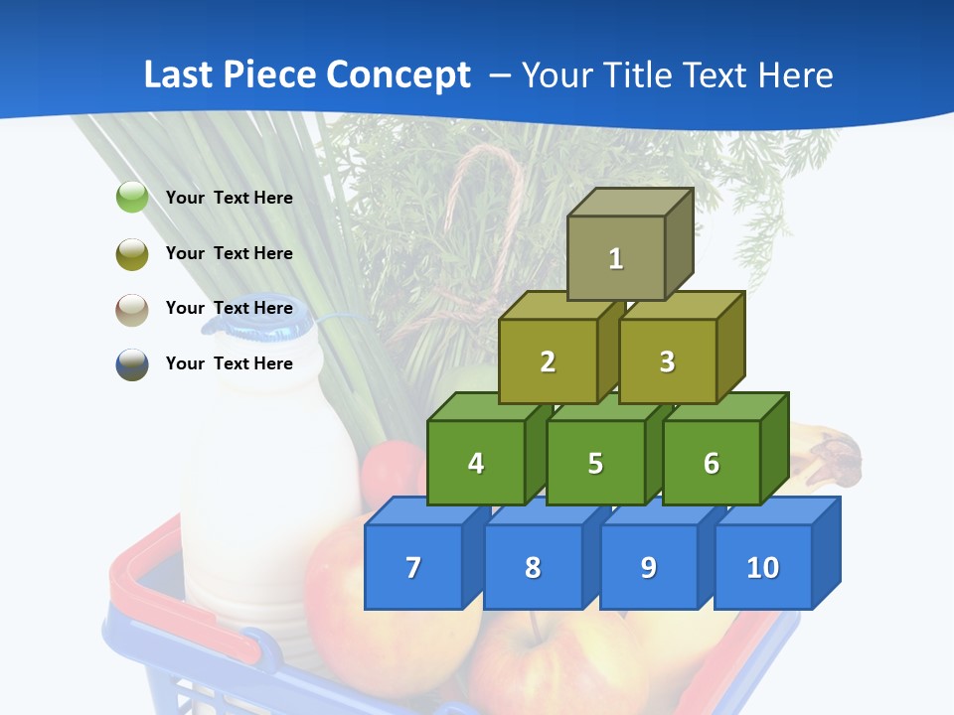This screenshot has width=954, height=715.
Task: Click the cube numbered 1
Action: [x=616, y=258]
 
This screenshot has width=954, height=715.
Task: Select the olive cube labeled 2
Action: [x=548, y=361]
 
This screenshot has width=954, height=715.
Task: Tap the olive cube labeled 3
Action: [x=667, y=361]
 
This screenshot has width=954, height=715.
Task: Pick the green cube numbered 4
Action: [x=476, y=463]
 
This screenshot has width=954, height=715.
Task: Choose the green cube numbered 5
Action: [x=595, y=463]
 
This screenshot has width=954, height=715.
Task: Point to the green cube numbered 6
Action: [x=712, y=463]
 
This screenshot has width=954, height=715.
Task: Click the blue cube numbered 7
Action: [x=413, y=567]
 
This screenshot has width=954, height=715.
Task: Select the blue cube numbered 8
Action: [x=533, y=567]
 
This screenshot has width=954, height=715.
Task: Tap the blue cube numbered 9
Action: [x=649, y=567]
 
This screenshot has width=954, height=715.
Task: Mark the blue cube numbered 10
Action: [x=763, y=567]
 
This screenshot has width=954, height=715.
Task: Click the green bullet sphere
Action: [x=132, y=198]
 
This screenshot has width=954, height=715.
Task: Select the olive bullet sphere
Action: [x=132, y=253]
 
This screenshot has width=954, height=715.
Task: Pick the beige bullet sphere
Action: [x=132, y=309]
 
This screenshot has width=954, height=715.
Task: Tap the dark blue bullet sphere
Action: [x=132, y=364]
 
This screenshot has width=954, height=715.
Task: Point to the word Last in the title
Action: [x=179, y=75]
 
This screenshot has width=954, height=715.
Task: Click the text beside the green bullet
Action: [x=230, y=198]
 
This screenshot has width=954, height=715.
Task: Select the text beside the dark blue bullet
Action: [x=230, y=363]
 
